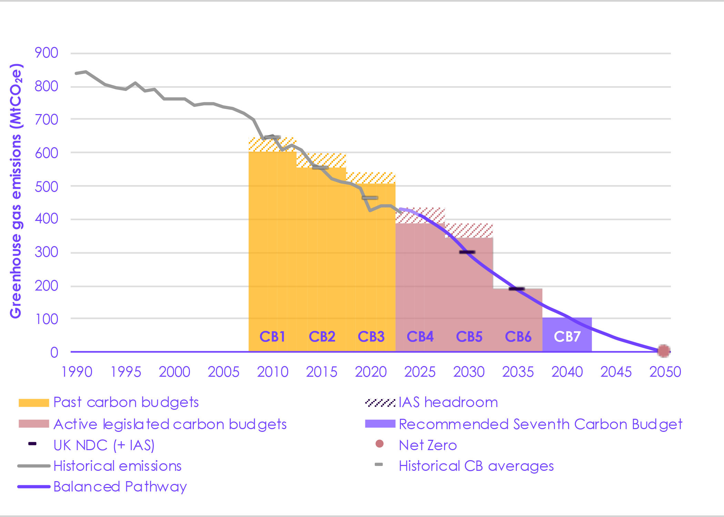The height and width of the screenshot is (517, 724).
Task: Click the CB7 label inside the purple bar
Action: click(567, 336)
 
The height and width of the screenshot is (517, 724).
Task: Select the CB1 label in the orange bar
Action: click(272, 336)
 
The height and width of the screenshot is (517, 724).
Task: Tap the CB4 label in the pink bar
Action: click(420, 336)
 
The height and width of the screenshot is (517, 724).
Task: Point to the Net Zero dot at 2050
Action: click(663, 351)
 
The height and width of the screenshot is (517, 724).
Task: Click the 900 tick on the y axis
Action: click(46, 53)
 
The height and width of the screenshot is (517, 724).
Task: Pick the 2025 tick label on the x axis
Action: click(420, 372)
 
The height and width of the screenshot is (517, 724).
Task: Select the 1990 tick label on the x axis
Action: click(77, 372)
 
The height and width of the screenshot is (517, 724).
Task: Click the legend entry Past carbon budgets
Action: click(126, 402)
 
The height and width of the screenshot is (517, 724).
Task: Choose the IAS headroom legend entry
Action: click(448, 402)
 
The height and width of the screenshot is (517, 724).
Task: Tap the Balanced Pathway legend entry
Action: click(120, 487)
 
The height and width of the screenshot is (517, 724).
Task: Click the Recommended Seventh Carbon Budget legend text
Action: click(540, 424)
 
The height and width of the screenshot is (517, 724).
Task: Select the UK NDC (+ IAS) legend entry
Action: click(104, 445)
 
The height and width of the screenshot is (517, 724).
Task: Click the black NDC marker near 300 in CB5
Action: click(467, 252)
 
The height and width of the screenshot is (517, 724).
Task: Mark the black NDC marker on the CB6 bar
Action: click(516, 288)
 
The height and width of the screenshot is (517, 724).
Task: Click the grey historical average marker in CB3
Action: click(370, 198)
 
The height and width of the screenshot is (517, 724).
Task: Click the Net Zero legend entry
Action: click(428, 445)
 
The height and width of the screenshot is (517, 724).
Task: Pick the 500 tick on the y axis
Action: click(46, 186)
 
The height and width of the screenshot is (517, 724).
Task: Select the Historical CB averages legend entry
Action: click(476, 466)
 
